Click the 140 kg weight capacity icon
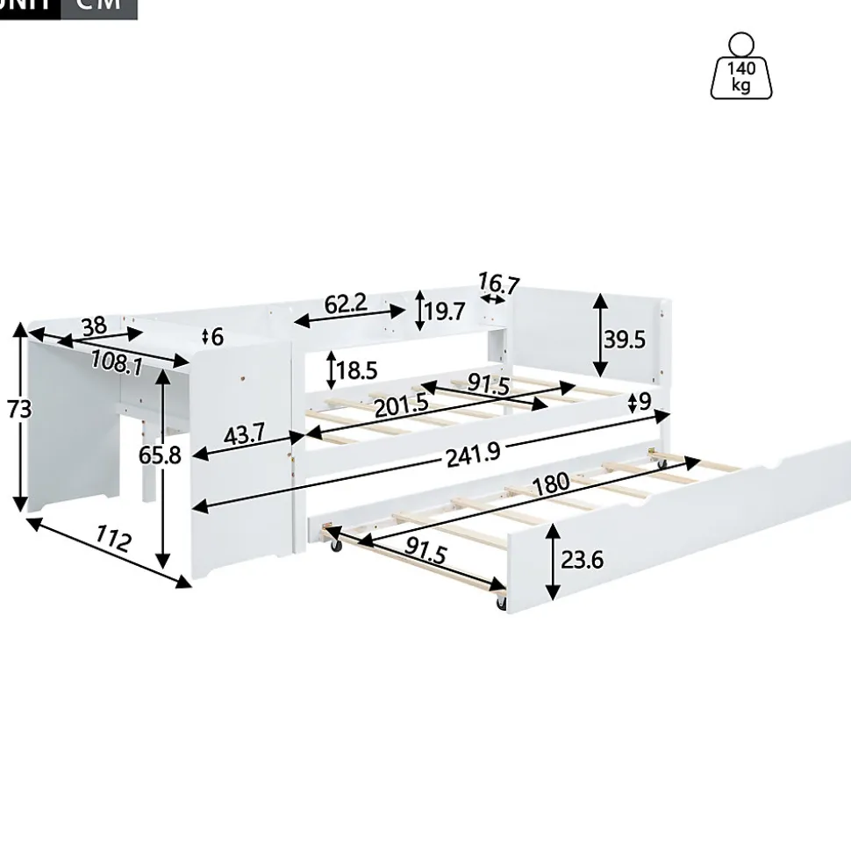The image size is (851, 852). click(x=741, y=67)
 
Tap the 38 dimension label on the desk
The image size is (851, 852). click(x=94, y=326)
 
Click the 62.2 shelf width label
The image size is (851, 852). click(x=346, y=304)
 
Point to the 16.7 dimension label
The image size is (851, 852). click(x=498, y=284)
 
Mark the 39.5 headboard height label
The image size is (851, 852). click(x=624, y=339)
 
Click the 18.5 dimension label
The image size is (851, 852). click(x=356, y=369)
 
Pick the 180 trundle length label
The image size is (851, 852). click(x=551, y=482)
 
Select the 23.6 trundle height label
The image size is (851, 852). click(x=581, y=559)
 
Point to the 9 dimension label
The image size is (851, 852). click(x=644, y=402)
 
